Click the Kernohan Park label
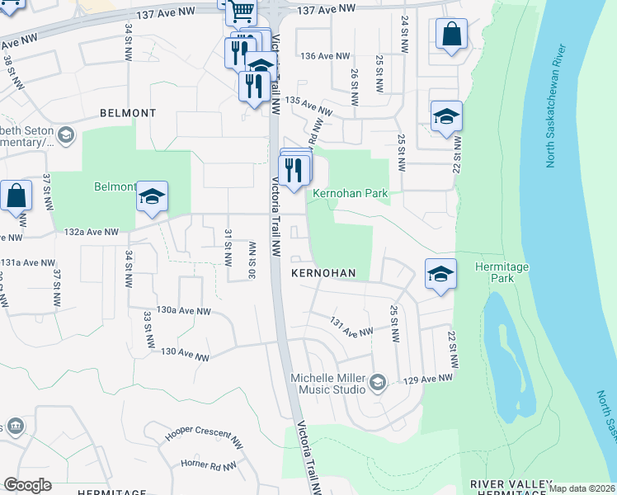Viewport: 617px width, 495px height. [350, 193]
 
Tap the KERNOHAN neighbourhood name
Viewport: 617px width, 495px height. [323, 272]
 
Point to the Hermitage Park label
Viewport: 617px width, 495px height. [495, 272]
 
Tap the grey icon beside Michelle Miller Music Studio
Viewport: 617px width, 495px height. [378, 381]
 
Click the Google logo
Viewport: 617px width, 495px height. [27, 485]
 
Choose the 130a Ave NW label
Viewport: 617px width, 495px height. [183, 311]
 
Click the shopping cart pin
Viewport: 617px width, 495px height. [241, 11]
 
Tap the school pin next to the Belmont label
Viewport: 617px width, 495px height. [152, 196]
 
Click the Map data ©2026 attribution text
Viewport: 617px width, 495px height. [582, 488]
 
